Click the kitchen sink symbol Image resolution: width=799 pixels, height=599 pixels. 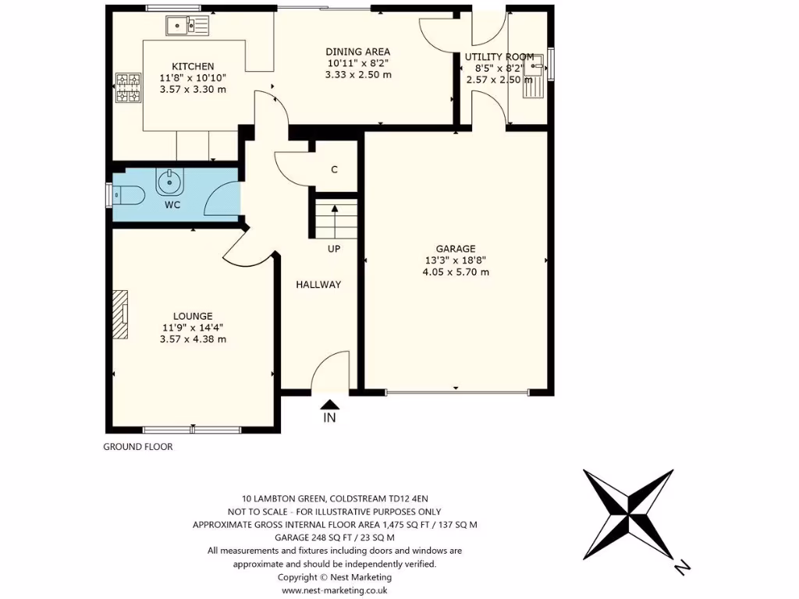pyautogui.click(x=187, y=27)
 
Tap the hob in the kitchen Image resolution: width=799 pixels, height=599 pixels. pyautogui.click(x=126, y=87)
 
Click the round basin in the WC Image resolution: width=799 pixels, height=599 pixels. pyautogui.click(x=169, y=183)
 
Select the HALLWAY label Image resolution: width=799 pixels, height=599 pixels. pyautogui.click(x=318, y=285)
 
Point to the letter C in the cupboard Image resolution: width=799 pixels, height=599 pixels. pyautogui.click(x=334, y=169)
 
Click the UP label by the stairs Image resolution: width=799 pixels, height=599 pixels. pyautogui.click(x=333, y=249)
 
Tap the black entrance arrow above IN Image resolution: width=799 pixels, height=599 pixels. pyautogui.click(x=330, y=404)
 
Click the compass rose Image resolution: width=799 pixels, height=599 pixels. pyautogui.click(x=628, y=514)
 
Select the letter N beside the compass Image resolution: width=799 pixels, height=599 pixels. pyautogui.click(x=682, y=567)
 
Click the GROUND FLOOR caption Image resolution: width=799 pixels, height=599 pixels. pyautogui.click(x=138, y=447)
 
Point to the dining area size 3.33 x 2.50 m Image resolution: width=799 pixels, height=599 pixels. pyautogui.click(x=358, y=75)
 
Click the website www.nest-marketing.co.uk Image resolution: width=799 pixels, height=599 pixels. pyautogui.click(x=335, y=590)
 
